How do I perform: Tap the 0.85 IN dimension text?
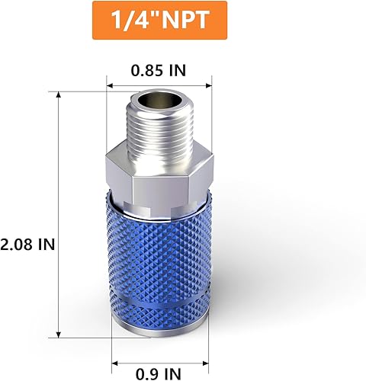(158, 71)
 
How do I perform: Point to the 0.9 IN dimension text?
(159, 373)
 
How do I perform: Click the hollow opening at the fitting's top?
(159, 101)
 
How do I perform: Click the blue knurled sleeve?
(159, 251)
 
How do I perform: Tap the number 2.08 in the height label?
(17, 245)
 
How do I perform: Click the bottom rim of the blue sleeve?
(159, 333)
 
